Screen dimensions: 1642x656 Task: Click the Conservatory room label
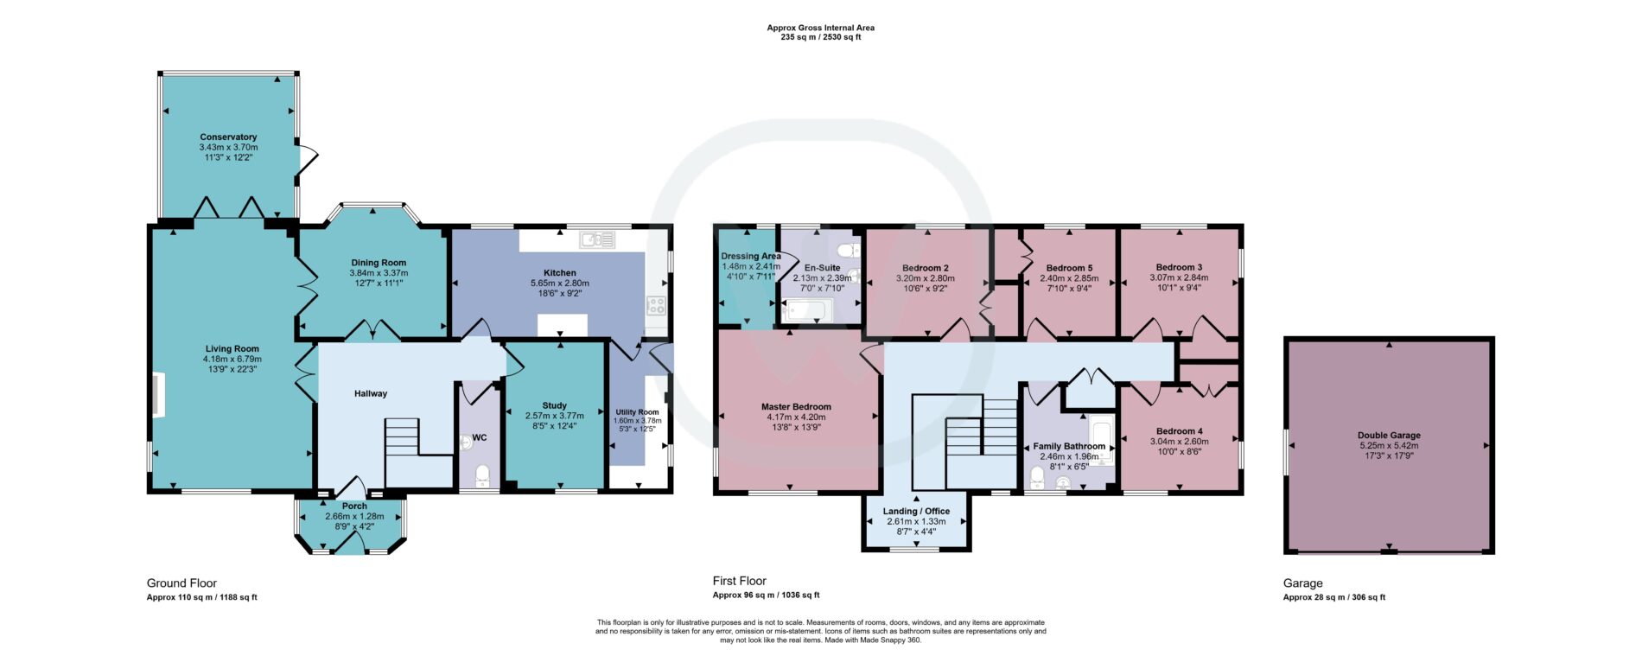tap(228, 137)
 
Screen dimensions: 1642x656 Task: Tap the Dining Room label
tap(379, 263)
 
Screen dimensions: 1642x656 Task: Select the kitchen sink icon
tap(597, 239)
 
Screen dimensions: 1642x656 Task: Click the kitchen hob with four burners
tap(657, 305)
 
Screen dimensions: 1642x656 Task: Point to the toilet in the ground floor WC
tap(482, 475)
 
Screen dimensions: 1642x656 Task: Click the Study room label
tap(555, 405)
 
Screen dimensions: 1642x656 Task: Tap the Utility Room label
tap(637, 412)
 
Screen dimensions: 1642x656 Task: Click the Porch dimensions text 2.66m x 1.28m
tap(354, 516)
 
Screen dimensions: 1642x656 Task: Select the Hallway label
tap(371, 393)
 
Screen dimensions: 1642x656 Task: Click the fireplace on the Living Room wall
tap(158, 395)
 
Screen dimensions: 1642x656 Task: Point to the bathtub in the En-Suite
tap(809, 309)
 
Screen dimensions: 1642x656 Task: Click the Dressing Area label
tap(751, 256)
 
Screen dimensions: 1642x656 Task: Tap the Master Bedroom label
tap(796, 406)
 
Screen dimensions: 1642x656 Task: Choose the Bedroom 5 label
tap(1069, 268)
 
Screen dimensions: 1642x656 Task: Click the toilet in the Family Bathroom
tap(1038, 478)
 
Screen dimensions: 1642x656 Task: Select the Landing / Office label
tap(916, 511)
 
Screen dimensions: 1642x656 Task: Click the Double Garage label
tap(1389, 436)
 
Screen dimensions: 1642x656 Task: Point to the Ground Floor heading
tap(181, 583)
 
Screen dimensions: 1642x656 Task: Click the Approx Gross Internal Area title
tap(820, 28)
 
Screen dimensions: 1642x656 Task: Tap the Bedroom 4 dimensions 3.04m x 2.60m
tap(1179, 441)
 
